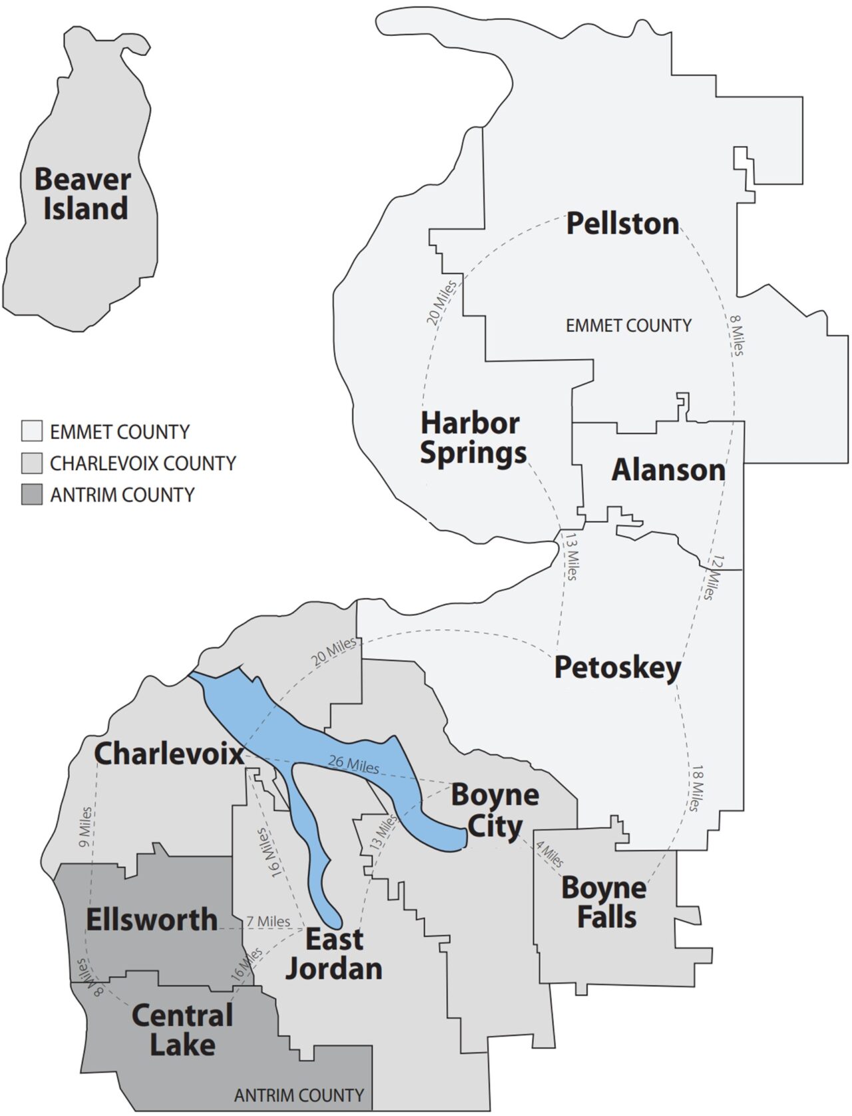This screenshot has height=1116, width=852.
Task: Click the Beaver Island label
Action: coord(83,194)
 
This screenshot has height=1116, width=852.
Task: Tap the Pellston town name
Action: coord(622,224)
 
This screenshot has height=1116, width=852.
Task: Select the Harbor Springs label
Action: coord(473,438)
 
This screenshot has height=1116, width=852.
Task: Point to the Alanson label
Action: coord(668,470)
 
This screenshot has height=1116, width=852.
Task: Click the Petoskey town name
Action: coord(618,667)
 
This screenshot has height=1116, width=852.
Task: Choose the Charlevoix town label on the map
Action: coord(169,754)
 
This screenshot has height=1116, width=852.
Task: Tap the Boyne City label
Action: coord(495,810)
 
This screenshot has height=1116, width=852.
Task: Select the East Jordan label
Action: coord(334,954)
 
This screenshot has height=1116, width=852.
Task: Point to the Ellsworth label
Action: coord(152,920)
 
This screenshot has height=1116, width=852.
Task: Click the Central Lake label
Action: coord(182,1029)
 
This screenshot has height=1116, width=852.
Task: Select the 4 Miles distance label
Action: coord(550,854)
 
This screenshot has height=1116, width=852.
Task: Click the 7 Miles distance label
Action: coord(268,922)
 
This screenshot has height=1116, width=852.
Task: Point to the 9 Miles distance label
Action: coord(85,827)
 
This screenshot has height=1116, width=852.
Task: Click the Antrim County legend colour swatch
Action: coord(31,495)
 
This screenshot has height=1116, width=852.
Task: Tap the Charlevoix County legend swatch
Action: coord(31,463)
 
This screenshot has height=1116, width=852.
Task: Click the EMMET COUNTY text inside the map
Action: coord(628,326)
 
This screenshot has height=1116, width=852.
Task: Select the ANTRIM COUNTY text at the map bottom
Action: coord(299,1095)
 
